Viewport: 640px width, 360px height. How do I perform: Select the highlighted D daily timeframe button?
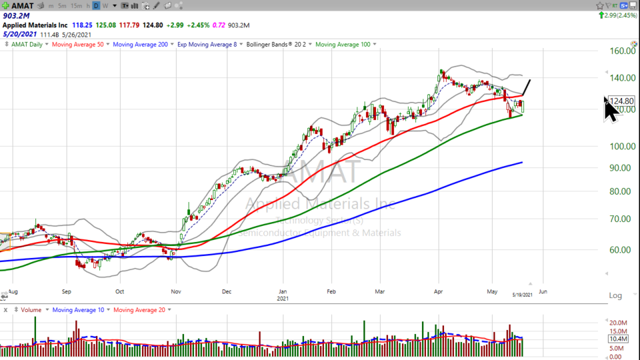coord(96,5)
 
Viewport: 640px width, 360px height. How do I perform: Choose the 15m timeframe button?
coord(77,5)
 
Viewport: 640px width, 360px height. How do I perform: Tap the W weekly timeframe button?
coord(105,5)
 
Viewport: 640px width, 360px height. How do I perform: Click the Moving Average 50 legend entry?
coord(79,45)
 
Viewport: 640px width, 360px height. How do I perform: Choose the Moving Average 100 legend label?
coord(344,45)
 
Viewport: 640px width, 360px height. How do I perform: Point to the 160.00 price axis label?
coord(622,51)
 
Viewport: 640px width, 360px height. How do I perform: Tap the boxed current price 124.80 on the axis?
coord(621,101)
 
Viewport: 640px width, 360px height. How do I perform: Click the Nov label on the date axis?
coord(176,291)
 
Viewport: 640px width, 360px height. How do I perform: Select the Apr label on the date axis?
coord(439,291)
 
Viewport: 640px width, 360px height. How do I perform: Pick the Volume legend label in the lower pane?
coord(31,310)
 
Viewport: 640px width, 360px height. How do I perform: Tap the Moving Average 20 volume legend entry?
coord(140,310)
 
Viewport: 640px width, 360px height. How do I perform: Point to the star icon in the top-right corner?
coord(601,5)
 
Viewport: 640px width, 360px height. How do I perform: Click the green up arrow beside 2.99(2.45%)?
coord(602,15)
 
